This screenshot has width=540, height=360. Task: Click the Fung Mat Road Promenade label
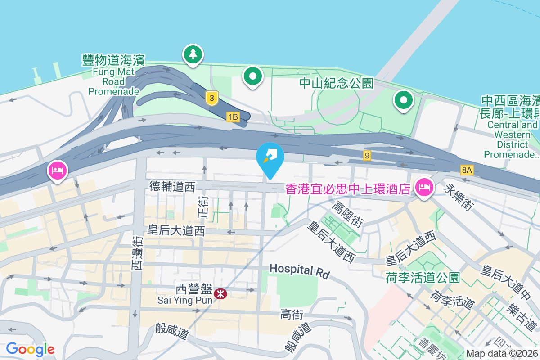(x=114, y=75)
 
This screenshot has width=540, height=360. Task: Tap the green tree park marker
(x=193, y=54)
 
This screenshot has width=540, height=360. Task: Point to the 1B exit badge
(x=233, y=117)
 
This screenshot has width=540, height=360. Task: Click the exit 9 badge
(x=368, y=156)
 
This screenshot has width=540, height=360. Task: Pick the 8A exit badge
(x=467, y=170)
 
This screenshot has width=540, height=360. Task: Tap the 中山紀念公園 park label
(x=336, y=83)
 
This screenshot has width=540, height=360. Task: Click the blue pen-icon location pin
(x=270, y=157)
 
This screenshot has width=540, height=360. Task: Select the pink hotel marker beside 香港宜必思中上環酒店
(x=424, y=187)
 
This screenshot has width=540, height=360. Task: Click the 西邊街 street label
(x=137, y=254)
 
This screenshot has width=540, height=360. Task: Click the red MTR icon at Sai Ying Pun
(x=220, y=294)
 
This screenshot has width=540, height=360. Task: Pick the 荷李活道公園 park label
(x=423, y=278)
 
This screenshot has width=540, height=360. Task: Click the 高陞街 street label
(x=347, y=214)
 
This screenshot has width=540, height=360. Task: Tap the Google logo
(x=30, y=349)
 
